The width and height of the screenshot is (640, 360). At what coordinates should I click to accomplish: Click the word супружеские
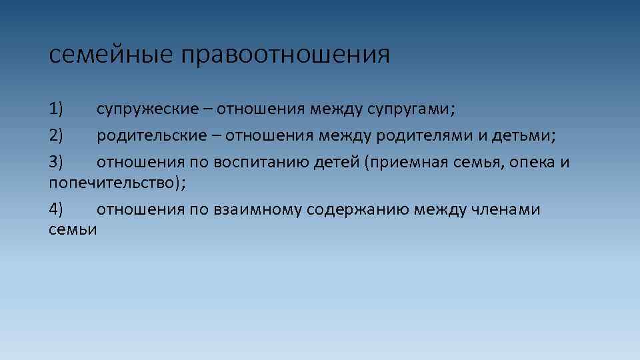pyautogui.click(x=147, y=108)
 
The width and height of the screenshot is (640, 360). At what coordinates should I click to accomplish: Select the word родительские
pyautogui.click(x=152, y=135)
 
